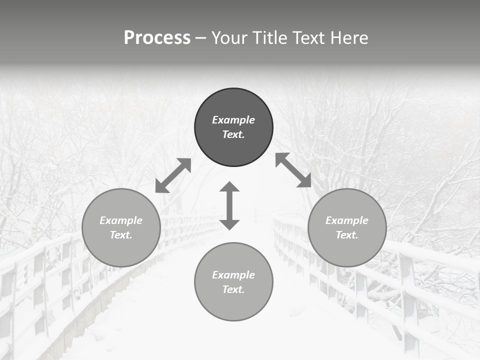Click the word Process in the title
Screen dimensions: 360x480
157,38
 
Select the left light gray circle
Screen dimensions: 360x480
121,250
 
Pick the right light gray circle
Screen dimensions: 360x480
347,250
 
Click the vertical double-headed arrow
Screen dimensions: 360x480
229,205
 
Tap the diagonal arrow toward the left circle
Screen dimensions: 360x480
173,175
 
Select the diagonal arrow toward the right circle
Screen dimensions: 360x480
293,170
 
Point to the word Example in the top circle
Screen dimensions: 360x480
233,120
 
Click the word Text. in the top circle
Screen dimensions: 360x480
233,134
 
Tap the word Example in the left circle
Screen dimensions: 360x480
121,220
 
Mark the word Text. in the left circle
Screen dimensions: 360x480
121,235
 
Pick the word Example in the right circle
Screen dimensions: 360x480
347,220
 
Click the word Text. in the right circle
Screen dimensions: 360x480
347,235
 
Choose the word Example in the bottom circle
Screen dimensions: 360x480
233,275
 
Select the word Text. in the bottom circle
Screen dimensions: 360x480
233,289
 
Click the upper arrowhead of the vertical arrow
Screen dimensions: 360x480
229,187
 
